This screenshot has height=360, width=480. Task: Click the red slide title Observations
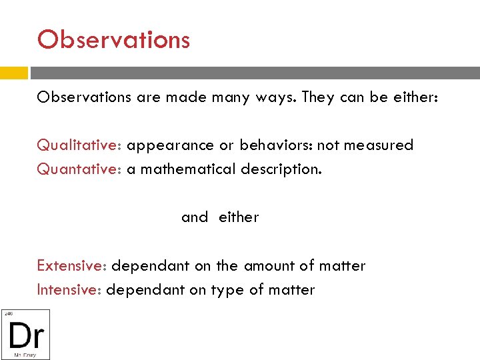pyautogui.click(x=113, y=40)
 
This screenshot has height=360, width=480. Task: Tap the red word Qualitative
pyautogui.click(x=78, y=145)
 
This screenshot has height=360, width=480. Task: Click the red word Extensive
pyautogui.click(x=71, y=266)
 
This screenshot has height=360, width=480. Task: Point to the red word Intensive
pyautogui.click(x=68, y=290)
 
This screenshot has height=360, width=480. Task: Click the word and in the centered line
pyautogui.click(x=194, y=217)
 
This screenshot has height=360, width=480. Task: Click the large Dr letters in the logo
pyautogui.click(x=25, y=334)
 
